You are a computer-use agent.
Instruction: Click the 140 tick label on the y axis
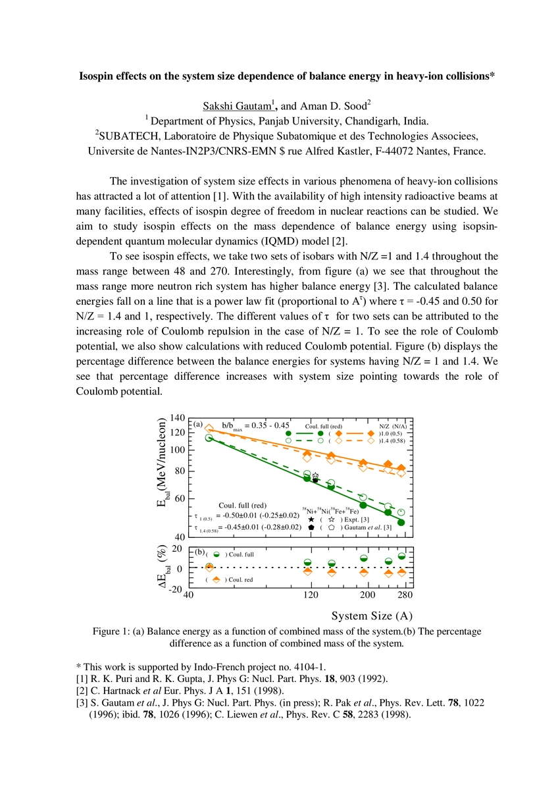[x=177, y=418]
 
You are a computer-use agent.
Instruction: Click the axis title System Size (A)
[x=372, y=616]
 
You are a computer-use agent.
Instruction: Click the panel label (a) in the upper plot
[x=197, y=424]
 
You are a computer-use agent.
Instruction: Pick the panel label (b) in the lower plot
[x=197, y=551]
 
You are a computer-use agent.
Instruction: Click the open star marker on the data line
[x=315, y=475]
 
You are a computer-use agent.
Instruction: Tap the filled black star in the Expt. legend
[x=311, y=519]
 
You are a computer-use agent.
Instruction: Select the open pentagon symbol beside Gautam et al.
[x=332, y=527]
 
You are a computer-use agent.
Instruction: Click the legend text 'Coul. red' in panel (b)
[x=240, y=580]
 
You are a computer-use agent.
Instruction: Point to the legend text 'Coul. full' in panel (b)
[x=241, y=554]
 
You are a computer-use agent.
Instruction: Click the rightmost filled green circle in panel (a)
[x=401, y=523]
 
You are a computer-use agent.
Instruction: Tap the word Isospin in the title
[x=98, y=76]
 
